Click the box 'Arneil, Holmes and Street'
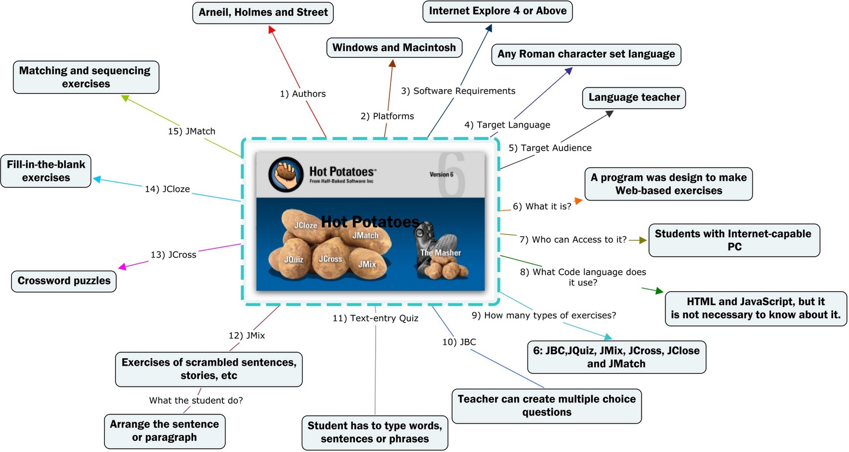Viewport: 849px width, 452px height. coord(263,13)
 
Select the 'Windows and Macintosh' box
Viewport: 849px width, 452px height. coord(394,48)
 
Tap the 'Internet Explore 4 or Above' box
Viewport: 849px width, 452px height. coord(498,11)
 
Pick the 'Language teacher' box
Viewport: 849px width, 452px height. coord(634,98)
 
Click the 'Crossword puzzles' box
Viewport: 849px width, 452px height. coord(64,281)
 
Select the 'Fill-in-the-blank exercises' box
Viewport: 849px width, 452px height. coord(46,171)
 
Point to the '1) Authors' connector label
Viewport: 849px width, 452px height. coord(303,93)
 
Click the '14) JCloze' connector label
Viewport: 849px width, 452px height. coord(167,189)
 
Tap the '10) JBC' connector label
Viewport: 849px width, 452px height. coord(459,342)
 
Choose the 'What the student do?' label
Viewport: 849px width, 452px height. coord(196,400)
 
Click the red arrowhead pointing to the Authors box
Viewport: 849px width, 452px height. coord(271,30)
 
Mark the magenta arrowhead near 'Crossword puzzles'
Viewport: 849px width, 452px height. coord(122,267)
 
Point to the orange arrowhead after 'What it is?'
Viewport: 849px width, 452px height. coord(578,201)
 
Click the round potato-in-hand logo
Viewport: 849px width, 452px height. coord(286,175)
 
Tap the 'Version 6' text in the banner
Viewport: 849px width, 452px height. coord(441,175)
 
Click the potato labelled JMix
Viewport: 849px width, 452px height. coord(367,264)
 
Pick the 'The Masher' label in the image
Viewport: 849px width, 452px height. coord(440,253)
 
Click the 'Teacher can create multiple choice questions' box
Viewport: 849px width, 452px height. coord(547,406)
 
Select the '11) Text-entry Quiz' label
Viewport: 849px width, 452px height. coord(375,318)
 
